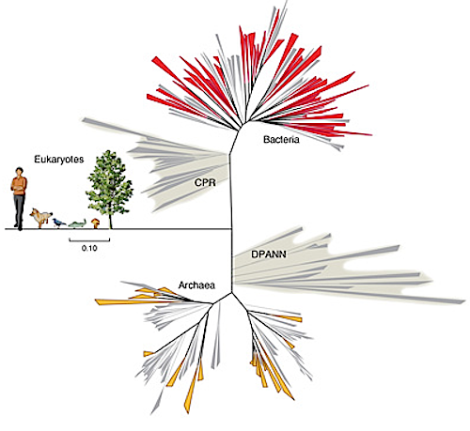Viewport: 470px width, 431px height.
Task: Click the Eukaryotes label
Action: pos(59,160)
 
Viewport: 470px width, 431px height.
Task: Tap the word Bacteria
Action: pos(281,139)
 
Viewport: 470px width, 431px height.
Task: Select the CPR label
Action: pos(205,182)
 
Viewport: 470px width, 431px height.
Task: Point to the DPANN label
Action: pos(269,254)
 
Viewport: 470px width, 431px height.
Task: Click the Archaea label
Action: pos(196,285)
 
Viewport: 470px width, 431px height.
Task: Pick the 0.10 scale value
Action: pos(89,248)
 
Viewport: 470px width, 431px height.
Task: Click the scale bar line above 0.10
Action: pos(89,240)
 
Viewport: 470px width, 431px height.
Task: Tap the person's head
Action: pos(19,172)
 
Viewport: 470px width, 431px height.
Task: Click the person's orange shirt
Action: pos(19,186)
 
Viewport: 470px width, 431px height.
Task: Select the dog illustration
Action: pos(40,218)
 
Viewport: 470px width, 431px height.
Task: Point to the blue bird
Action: pos(59,223)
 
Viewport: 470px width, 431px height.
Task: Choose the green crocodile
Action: pos(77,223)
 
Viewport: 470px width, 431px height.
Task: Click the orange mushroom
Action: pos(96,223)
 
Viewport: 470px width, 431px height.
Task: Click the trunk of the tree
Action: pos(110,221)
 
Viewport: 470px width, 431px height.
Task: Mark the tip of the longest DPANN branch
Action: pos(464,301)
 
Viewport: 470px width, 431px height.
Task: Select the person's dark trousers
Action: pos(19,211)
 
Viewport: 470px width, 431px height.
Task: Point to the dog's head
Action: pos(33,213)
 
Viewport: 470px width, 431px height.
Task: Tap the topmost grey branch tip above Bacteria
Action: pos(286,1)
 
